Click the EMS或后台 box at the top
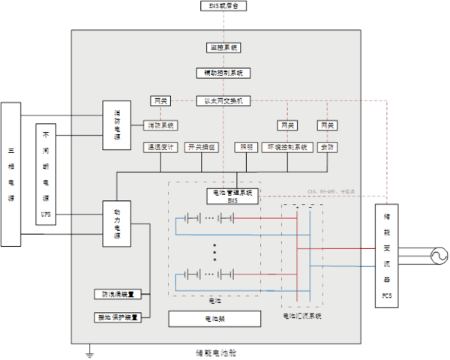click(223, 6)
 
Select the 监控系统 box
click(223, 47)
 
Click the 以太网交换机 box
click(223, 100)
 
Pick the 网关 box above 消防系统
click(160, 100)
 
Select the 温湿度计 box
click(160, 147)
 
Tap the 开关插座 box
click(200, 147)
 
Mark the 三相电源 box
click(10, 174)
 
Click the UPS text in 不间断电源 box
click(46, 214)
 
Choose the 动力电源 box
click(117, 224)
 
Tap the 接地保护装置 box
click(118, 316)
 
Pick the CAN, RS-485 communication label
click(331, 192)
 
